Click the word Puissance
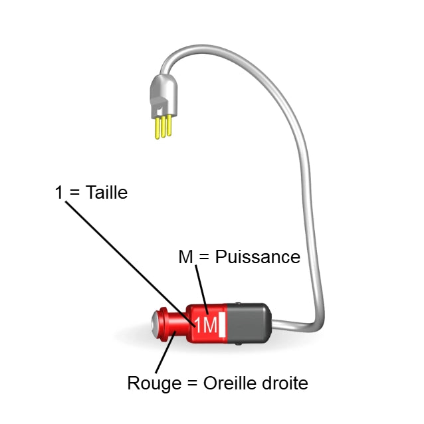[257, 257]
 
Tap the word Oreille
[231, 383]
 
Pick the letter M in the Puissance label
[186, 257]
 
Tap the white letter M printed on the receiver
[209, 325]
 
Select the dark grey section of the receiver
[249, 323]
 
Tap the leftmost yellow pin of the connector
[157, 129]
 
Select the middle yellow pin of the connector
[163, 128]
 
